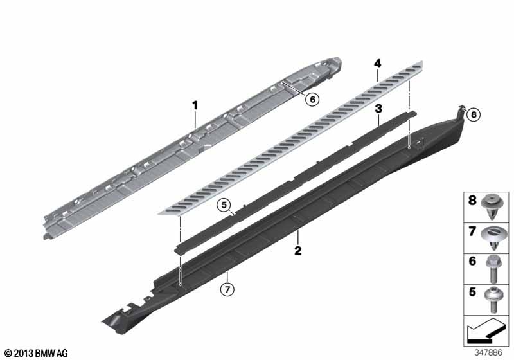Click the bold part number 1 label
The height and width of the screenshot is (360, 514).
pyautogui.click(x=195, y=104)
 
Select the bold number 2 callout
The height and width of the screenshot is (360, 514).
pyautogui.click(x=298, y=251)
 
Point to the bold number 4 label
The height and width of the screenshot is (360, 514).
pyautogui.click(x=378, y=63)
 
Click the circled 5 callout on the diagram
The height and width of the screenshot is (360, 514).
pyautogui.click(x=223, y=206)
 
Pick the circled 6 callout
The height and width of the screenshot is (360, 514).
pyautogui.click(x=312, y=99)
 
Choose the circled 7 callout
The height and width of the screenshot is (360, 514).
pyautogui.click(x=226, y=289)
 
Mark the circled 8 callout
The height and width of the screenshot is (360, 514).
pyautogui.click(x=473, y=116)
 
